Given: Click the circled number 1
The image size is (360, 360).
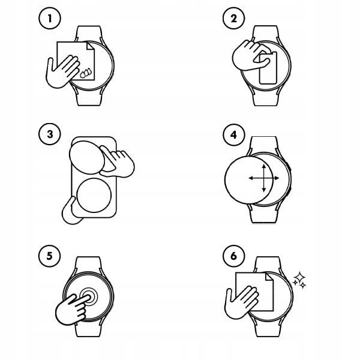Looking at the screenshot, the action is (50, 18).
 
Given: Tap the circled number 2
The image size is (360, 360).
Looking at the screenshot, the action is (234, 18).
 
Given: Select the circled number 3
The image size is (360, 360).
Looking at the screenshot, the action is (50, 134).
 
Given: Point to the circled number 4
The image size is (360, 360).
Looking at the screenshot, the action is (234, 135).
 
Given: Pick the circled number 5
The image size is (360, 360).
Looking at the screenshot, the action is (50, 256).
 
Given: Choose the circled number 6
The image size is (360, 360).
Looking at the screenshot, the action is (234, 256).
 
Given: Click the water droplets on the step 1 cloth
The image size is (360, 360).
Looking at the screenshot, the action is (86, 73).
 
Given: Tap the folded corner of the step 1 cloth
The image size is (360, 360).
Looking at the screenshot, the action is (90, 46).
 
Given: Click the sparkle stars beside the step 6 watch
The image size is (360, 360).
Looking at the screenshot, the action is (299, 280).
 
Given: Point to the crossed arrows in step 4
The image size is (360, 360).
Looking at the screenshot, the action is (264, 178).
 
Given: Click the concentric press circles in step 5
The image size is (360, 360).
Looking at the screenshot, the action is (89, 296).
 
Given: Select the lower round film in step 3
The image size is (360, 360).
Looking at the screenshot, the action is (94, 195).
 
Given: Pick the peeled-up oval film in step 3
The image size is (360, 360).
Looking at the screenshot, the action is (87, 157).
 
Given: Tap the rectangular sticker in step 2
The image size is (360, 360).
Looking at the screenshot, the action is (268, 68).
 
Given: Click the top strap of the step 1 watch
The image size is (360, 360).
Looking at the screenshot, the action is (88, 34).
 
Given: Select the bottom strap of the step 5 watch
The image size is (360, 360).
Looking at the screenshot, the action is (88, 328).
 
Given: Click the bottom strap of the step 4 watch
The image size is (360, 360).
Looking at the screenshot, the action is (263, 214).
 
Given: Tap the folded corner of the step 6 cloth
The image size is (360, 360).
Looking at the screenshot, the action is (269, 277).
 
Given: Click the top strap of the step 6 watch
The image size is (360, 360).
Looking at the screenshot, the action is (268, 265).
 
